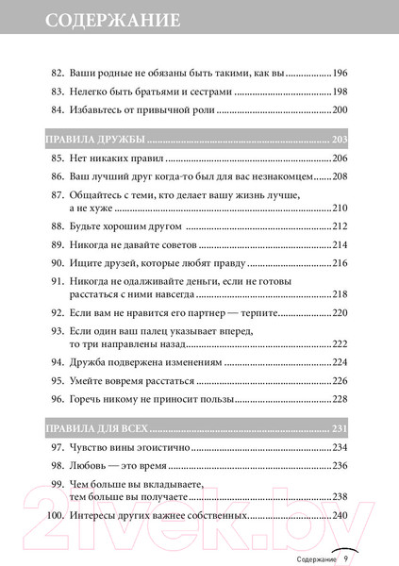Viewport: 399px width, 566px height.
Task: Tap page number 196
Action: click(344, 73)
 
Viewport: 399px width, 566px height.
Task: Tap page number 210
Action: click(344, 208)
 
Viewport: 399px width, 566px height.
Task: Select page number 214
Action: click(344, 245)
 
